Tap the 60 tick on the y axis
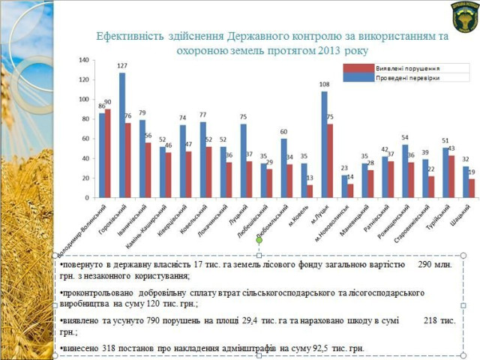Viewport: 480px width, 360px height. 85,139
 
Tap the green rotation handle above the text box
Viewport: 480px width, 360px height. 259,240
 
